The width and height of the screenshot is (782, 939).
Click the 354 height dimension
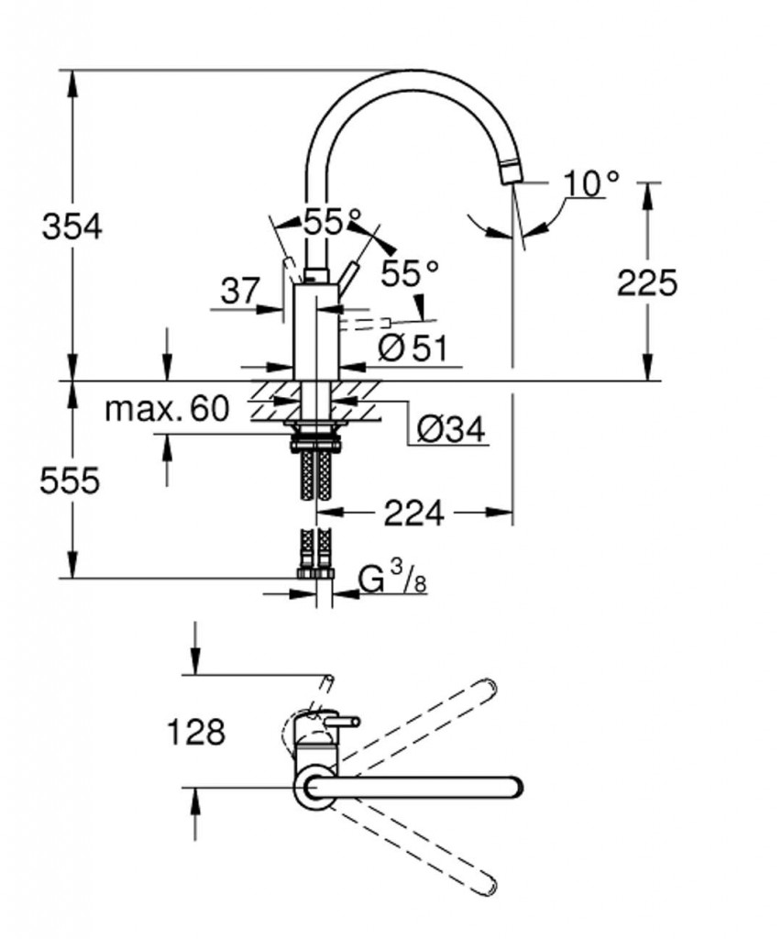72,227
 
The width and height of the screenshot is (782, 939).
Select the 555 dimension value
70,481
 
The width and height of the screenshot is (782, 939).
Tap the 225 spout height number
647,282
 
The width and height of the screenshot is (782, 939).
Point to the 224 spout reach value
413,513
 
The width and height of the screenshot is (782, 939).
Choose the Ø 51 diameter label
413,348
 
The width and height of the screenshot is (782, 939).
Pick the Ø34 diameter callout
451,429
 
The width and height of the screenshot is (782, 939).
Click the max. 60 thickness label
167,409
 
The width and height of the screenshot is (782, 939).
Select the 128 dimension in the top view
196,732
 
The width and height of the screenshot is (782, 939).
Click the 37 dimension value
240,291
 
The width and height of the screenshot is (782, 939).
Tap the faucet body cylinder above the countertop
316,332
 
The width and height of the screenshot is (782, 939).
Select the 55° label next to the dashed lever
410,273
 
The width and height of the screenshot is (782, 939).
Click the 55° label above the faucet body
333,223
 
